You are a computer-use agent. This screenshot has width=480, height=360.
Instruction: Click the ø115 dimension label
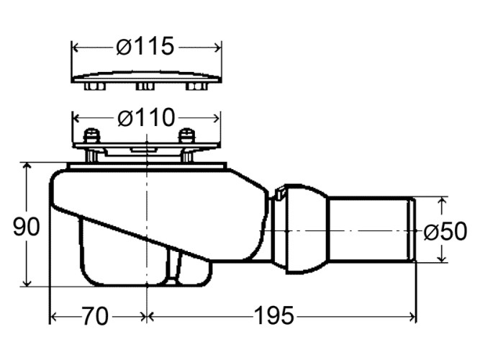(x=145, y=47)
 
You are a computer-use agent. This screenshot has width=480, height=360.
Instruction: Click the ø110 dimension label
(x=146, y=118)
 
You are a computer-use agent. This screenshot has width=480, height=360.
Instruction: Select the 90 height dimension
(x=27, y=227)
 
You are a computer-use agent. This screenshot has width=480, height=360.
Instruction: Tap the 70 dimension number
(x=95, y=316)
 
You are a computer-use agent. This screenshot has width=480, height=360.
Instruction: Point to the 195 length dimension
(x=274, y=315)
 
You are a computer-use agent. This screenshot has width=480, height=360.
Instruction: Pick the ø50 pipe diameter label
(x=445, y=231)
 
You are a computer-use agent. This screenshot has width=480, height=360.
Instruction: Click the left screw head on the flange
(x=91, y=136)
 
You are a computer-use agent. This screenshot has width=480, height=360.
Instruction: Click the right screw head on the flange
(x=186, y=136)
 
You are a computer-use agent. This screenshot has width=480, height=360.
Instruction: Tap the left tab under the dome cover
(x=95, y=86)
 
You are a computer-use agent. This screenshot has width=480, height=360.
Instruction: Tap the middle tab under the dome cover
(x=145, y=86)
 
